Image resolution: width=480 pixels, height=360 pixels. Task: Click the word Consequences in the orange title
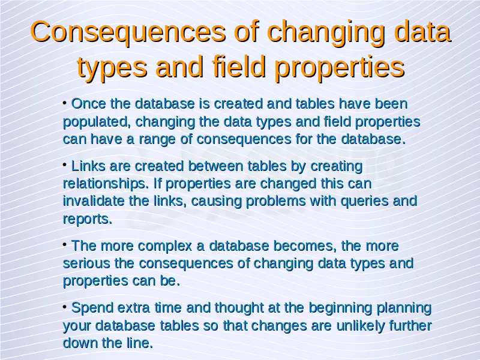pos(128,32)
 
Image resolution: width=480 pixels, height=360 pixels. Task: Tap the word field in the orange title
pos(239,67)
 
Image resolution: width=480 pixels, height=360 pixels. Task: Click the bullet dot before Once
pos(65,103)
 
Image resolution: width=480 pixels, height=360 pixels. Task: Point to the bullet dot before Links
pos(65,165)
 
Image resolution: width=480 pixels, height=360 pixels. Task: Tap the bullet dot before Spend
pos(65,307)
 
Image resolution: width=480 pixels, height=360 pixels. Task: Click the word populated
pos(97,122)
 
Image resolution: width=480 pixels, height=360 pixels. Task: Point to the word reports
pos(87,220)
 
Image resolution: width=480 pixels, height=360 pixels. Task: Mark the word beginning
pos(340,308)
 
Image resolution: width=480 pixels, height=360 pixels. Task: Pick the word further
pos(410,325)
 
